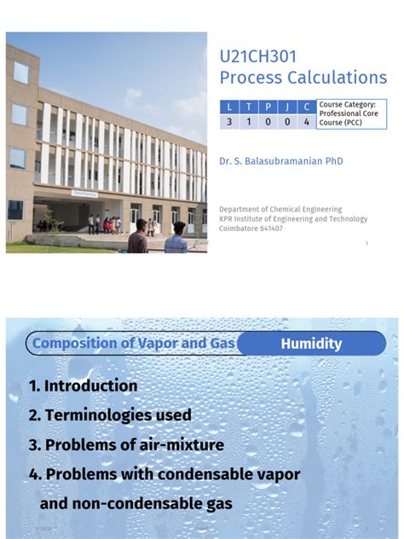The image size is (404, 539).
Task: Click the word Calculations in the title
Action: pyautogui.click(x=338, y=78)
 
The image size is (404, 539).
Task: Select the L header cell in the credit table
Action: pyautogui.click(x=229, y=107)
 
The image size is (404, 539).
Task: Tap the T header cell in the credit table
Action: pyautogui.click(x=249, y=107)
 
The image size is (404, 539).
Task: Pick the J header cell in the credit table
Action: pyautogui.click(x=287, y=107)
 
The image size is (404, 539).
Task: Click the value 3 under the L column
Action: pyautogui.click(x=229, y=121)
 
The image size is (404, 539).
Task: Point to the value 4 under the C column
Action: pyautogui.click(x=307, y=121)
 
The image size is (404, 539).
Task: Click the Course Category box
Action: pyautogui.click(x=351, y=113)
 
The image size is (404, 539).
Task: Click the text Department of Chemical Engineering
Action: pyautogui.click(x=280, y=209)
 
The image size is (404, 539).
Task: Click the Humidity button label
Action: pyautogui.click(x=311, y=344)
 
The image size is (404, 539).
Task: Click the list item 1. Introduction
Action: pyautogui.click(x=83, y=386)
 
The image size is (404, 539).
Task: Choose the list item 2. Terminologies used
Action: pyautogui.click(x=110, y=415)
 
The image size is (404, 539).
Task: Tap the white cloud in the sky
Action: pyautogui.click(x=133, y=99)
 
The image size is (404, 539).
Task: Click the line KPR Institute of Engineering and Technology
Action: pyautogui.click(x=293, y=218)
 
